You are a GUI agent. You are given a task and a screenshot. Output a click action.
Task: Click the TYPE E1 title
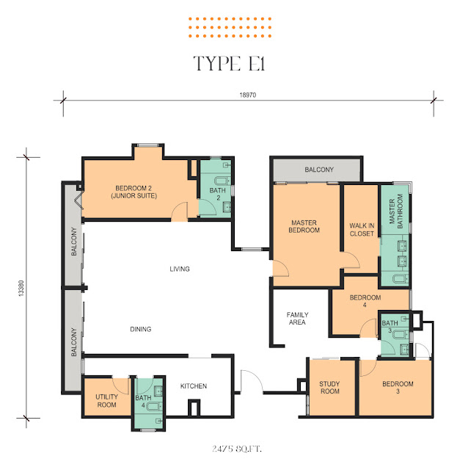click(x=230, y=64)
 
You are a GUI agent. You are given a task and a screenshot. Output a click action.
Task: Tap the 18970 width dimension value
click(x=248, y=95)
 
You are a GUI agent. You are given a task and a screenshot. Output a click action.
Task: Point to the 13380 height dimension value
click(x=21, y=289)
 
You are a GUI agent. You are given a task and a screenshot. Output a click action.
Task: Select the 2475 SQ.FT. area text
click(x=236, y=449)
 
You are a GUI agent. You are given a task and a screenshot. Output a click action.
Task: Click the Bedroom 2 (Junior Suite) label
click(x=134, y=192)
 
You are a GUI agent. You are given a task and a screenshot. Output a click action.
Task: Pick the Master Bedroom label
click(x=304, y=226)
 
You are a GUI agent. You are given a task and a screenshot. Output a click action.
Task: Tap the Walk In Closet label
click(x=362, y=230)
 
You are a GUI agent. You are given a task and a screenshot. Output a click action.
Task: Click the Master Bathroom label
click(x=396, y=211)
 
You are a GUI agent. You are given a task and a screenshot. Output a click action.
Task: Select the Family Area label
click(x=297, y=318)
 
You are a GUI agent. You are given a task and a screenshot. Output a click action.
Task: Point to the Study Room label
click(x=329, y=388)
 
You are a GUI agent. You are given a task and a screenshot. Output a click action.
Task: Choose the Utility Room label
click(x=106, y=401)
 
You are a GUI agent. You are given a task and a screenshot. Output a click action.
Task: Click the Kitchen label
click(x=194, y=386)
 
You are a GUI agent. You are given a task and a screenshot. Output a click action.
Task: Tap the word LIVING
click(x=180, y=269)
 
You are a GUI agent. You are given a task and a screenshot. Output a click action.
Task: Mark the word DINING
click(x=140, y=329)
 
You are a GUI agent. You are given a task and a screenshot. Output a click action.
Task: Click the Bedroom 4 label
click(x=365, y=301)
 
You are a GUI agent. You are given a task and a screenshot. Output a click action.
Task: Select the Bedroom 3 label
click(x=398, y=387)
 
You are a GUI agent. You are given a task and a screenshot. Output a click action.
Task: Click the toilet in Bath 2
click(x=222, y=181)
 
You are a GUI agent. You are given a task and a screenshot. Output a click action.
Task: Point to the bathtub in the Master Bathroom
click(x=400, y=279)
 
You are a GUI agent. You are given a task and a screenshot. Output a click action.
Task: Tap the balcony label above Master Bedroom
click(x=319, y=170)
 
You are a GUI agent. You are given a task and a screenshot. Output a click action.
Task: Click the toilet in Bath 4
click(x=155, y=407)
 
